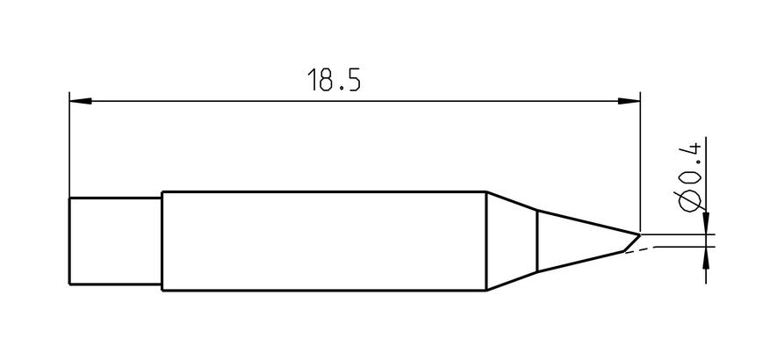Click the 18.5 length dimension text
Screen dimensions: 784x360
coord(334,80)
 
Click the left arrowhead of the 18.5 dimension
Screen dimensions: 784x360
coord(81,101)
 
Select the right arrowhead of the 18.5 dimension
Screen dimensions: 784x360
coord(629,101)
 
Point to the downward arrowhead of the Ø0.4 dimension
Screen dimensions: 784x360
coord(706,223)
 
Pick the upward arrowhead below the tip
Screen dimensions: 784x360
coord(706,258)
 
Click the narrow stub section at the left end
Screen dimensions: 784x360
coord(116,241)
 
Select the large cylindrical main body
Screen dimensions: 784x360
coord(324,241)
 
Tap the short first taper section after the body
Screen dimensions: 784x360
coord(512,241)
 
